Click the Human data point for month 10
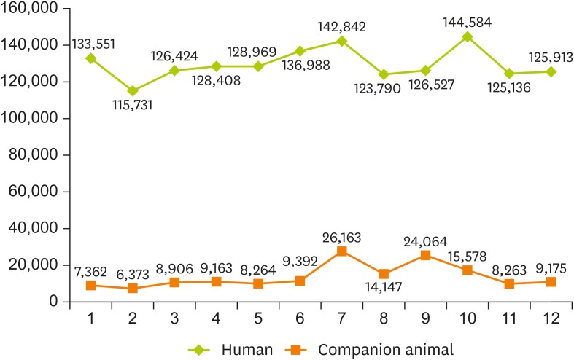click(x=467, y=36)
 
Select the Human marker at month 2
click(x=132, y=91)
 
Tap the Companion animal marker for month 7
click(x=341, y=251)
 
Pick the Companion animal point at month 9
click(x=425, y=255)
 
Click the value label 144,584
click(x=467, y=22)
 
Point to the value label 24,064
click(x=425, y=241)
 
